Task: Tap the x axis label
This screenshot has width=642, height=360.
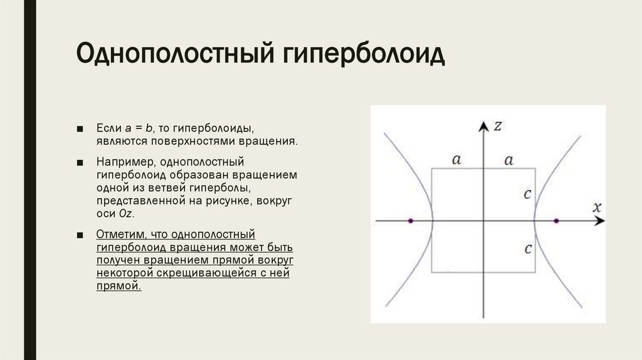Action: (x=597, y=207)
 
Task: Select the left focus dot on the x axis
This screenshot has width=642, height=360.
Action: (x=411, y=221)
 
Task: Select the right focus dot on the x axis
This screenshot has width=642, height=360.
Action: (x=556, y=221)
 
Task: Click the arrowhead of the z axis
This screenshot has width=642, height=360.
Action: (x=483, y=126)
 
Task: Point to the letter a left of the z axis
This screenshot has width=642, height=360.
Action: (x=456, y=160)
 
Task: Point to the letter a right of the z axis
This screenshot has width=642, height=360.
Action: (x=509, y=160)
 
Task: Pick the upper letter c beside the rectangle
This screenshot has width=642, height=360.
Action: (x=527, y=194)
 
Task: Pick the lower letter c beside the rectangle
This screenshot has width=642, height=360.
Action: (x=527, y=249)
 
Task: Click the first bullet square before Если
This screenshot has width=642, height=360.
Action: (x=80, y=129)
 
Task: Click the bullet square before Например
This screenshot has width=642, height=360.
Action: (x=80, y=163)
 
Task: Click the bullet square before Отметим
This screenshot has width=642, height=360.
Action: (x=80, y=235)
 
